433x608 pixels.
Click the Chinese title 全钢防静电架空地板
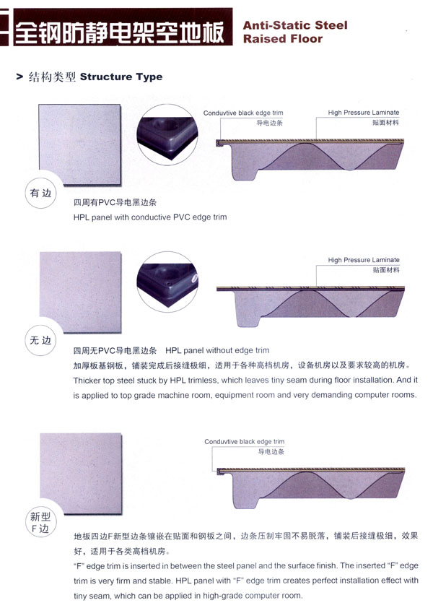pyautogui.click(x=119, y=32)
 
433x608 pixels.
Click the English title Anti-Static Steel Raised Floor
pyautogui.click(x=295, y=32)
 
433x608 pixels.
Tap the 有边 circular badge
pyautogui.click(x=40, y=193)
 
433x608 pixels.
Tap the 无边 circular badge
pyautogui.click(x=40, y=340)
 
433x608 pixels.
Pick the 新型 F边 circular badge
pyautogui.click(x=40, y=522)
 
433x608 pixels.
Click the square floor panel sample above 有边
pyautogui.click(x=79, y=144)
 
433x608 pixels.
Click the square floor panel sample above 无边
pyautogui.click(x=81, y=292)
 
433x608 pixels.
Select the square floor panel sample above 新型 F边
pyautogui.click(x=81, y=474)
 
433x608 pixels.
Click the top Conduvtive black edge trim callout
pyautogui.click(x=243, y=113)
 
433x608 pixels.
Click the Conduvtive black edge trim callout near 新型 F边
pyautogui.click(x=244, y=442)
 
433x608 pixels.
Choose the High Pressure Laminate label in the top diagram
pyautogui.click(x=363, y=113)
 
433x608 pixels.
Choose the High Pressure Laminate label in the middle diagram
pyautogui.click(x=363, y=260)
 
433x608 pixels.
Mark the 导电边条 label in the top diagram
pyautogui.click(x=269, y=123)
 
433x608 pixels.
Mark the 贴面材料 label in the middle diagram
pyautogui.click(x=385, y=270)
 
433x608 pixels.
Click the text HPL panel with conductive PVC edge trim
pyautogui.click(x=150, y=217)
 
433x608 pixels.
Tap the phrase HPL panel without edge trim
pyautogui.click(x=217, y=350)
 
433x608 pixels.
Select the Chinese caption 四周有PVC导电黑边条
pyautogui.click(x=115, y=202)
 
